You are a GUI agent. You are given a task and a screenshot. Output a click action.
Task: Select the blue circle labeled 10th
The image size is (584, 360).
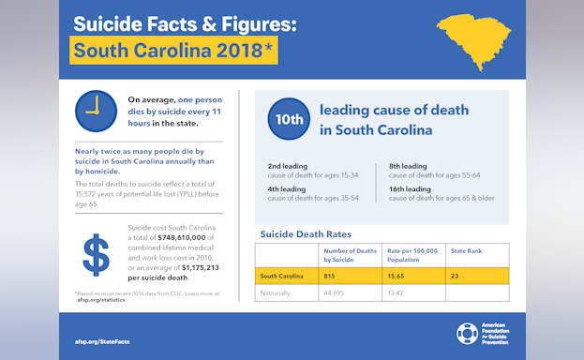(x=289, y=119)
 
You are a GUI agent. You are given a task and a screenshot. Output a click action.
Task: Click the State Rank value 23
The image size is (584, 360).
(x=455, y=276)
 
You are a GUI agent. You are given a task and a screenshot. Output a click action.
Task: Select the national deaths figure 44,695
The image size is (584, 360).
(x=335, y=292)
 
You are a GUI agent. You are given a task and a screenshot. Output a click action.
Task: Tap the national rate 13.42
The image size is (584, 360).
(x=397, y=292)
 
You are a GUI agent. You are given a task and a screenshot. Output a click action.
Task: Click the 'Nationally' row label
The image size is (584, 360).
(x=276, y=292)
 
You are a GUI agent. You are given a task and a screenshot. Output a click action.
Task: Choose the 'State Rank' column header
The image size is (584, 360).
(x=467, y=251)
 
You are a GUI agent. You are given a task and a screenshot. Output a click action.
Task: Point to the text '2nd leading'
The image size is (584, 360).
(x=288, y=166)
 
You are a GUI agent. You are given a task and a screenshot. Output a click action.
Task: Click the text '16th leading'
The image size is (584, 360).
(x=410, y=188)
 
